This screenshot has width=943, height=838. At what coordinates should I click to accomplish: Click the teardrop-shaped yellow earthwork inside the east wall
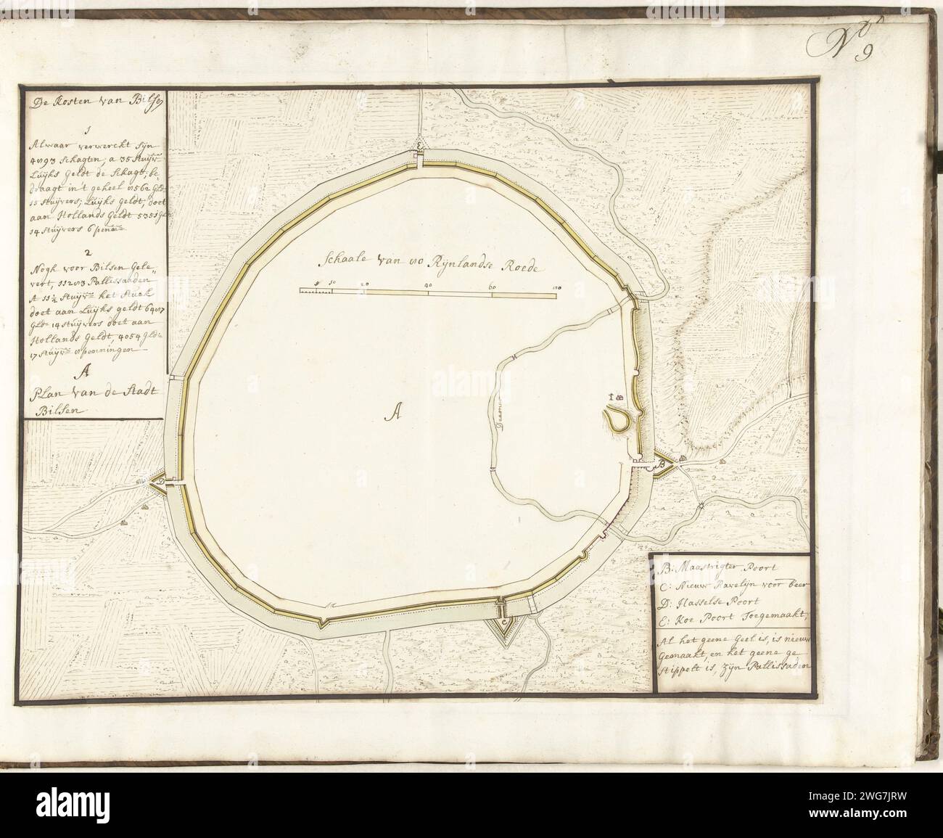coord(617,420)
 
